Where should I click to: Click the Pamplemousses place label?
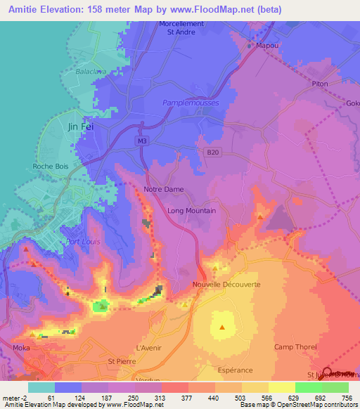[191, 103]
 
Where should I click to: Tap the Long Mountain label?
[191, 210]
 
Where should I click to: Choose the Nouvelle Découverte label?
[226, 285]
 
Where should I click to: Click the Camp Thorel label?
[295, 347]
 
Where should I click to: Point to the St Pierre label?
[122, 361]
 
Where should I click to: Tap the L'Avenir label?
[149, 348]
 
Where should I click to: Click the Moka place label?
[22, 348]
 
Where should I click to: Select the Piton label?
[320, 84]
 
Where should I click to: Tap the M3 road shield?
[143, 141]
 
